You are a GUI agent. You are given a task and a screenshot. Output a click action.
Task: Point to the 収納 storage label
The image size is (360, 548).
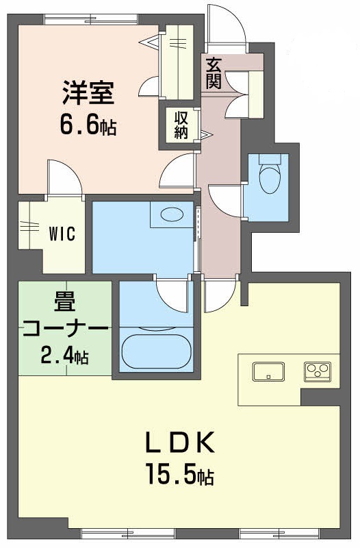181,125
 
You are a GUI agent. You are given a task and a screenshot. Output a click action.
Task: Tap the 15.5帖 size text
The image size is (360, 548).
180,473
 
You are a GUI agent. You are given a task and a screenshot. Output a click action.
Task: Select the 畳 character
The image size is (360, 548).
65,302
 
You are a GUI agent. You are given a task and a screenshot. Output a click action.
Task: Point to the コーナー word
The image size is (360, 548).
65,329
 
